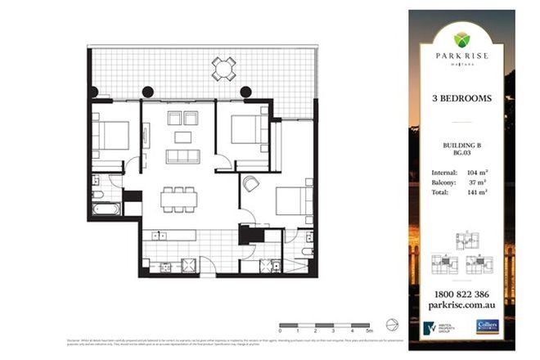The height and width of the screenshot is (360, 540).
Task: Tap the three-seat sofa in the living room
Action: pos(182,155)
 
